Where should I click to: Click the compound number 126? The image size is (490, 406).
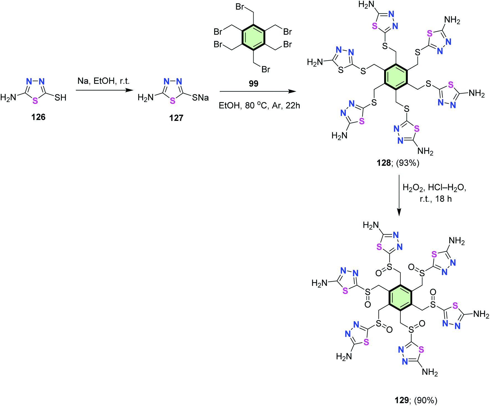click(x=38, y=117)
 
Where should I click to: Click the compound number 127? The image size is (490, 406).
click(x=176, y=118)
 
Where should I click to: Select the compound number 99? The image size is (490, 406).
click(x=254, y=83)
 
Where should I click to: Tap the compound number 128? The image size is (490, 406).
click(x=384, y=163)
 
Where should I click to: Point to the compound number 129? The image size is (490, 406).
click(x=402, y=400)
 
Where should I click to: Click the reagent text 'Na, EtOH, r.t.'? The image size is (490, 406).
click(x=104, y=81)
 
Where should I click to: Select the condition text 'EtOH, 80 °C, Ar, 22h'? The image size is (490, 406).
click(x=259, y=105)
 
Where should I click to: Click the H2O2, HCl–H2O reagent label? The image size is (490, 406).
click(x=434, y=188)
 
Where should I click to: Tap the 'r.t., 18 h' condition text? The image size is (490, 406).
click(x=436, y=199)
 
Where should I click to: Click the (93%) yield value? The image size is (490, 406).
click(x=408, y=163)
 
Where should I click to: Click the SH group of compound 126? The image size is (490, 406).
click(x=60, y=97)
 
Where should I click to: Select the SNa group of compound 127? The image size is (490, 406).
click(x=200, y=97)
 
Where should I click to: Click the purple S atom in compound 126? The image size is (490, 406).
click(x=35, y=101)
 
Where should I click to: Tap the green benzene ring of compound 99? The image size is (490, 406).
click(x=253, y=37)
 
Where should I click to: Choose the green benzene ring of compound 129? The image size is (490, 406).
click(x=400, y=298)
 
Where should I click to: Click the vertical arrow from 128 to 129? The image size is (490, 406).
click(x=399, y=195)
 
